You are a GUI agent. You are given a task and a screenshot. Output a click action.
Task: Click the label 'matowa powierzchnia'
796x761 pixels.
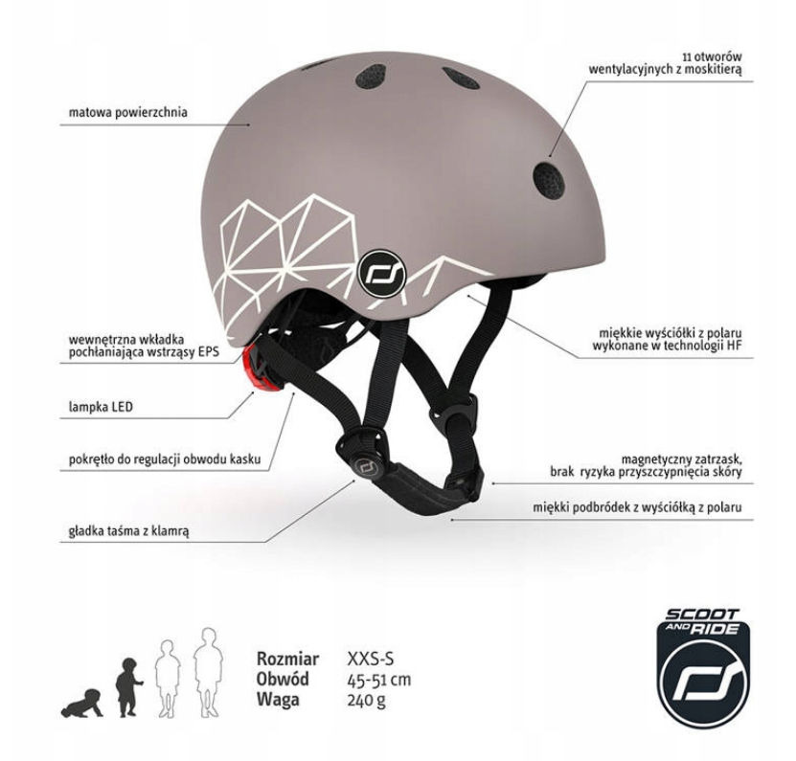click(x=128, y=112)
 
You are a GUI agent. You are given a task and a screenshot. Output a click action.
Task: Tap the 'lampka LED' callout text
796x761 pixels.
click(x=101, y=407)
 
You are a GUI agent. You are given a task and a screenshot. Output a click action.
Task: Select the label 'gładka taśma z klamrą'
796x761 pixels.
click(x=128, y=531)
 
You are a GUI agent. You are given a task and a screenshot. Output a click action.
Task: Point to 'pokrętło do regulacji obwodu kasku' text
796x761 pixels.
click(x=165, y=459)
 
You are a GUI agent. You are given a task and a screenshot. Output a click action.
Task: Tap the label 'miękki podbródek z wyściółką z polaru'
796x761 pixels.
click(x=637, y=507)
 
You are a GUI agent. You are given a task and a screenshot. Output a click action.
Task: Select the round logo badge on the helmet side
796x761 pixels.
click(x=382, y=275)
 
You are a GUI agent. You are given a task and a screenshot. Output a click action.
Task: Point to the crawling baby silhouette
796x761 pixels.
click(x=81, y=704)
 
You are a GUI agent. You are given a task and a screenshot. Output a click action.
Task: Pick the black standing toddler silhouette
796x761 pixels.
click(x=127, y=687)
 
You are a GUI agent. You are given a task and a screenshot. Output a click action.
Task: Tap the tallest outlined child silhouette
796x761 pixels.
click(x=208, y=672)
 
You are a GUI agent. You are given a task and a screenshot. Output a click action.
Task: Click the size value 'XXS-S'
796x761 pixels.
click(x=370, y=659)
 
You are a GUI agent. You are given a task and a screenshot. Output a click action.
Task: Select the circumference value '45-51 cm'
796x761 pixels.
click(x=379, y=679)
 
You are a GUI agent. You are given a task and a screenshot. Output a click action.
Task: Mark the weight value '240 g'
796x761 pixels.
click(x=366, y=700)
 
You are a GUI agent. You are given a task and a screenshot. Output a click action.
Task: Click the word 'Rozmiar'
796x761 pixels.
click(x=287, y=659)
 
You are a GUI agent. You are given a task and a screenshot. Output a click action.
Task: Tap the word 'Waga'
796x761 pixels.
click(x=278, y=700)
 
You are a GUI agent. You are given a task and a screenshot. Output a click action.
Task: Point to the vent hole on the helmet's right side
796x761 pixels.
click(x=549, y=181)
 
